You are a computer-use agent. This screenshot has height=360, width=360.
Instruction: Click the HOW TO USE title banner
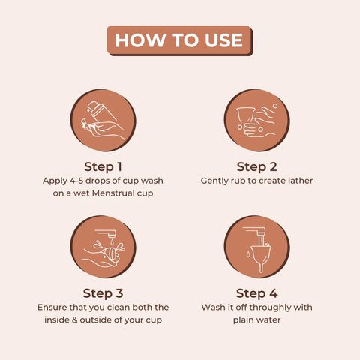(180, 40)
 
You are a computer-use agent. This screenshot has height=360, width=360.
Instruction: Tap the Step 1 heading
(103, 166)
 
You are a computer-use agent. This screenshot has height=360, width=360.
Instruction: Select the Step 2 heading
(256, 166)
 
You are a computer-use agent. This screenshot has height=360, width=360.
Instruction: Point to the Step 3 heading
(103, 293)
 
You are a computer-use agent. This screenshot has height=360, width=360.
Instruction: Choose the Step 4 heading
(256, 293)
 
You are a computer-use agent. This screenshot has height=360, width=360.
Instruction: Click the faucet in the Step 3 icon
(107, 234)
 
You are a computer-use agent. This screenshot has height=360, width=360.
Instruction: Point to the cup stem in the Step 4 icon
(261, 268)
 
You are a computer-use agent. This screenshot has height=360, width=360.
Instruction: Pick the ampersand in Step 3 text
(74, 319)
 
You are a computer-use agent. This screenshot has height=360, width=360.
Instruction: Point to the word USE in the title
(223, 40)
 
